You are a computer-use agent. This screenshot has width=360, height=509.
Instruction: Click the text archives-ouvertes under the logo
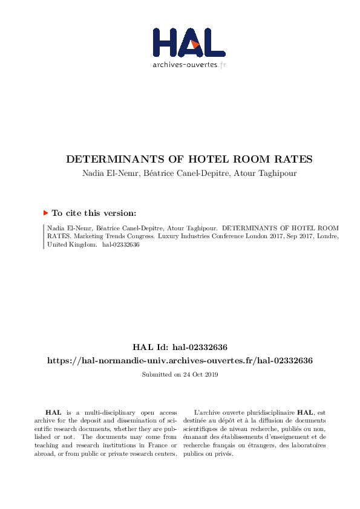click(x=185, y=65)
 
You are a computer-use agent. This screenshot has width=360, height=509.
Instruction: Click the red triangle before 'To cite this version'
click(x=45, y=213)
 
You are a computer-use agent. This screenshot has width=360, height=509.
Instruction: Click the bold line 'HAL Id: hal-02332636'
click(x=180, y=348)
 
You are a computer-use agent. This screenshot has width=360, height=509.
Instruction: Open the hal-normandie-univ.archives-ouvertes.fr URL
click(x=180, y=360)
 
